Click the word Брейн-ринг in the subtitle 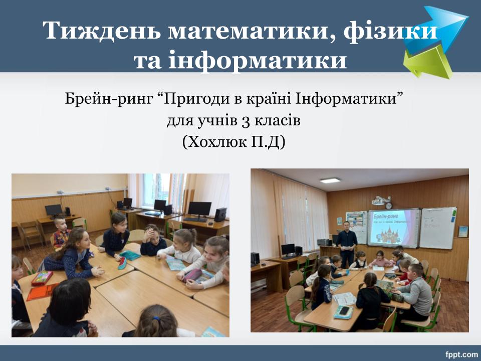[x=109, y=99]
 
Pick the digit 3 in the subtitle [x=246, y=121]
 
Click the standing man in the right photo [x=347, y=243]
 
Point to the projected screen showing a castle [x=394, y=228]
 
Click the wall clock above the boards [x=389, y=206]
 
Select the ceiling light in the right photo [x=330, y=180]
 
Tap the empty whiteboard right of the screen [x=438, y=228]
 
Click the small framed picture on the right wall [x=463, y=232]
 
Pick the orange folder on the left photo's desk [x=42, y=292]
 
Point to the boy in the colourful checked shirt [x=61, y=233]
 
